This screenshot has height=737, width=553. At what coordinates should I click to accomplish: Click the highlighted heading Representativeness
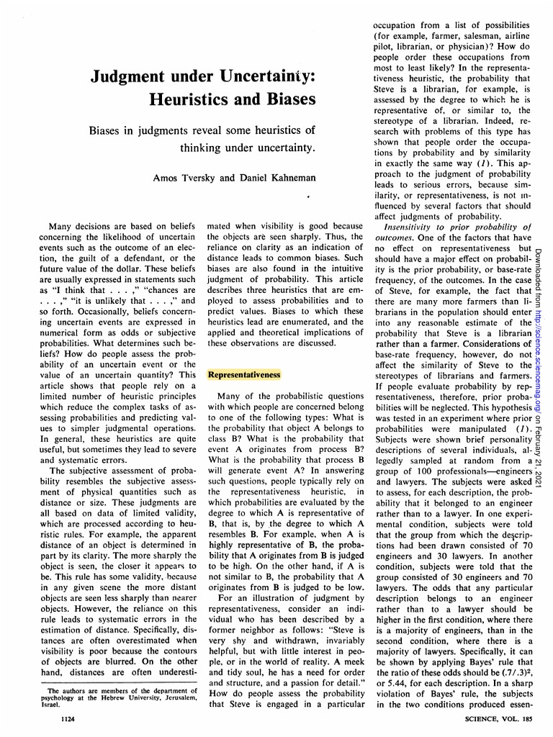(x=243, y=375)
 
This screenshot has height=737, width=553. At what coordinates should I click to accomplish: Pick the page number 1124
(x=71, y=719)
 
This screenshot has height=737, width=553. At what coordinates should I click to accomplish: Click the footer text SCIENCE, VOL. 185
(x=497, y=719)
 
